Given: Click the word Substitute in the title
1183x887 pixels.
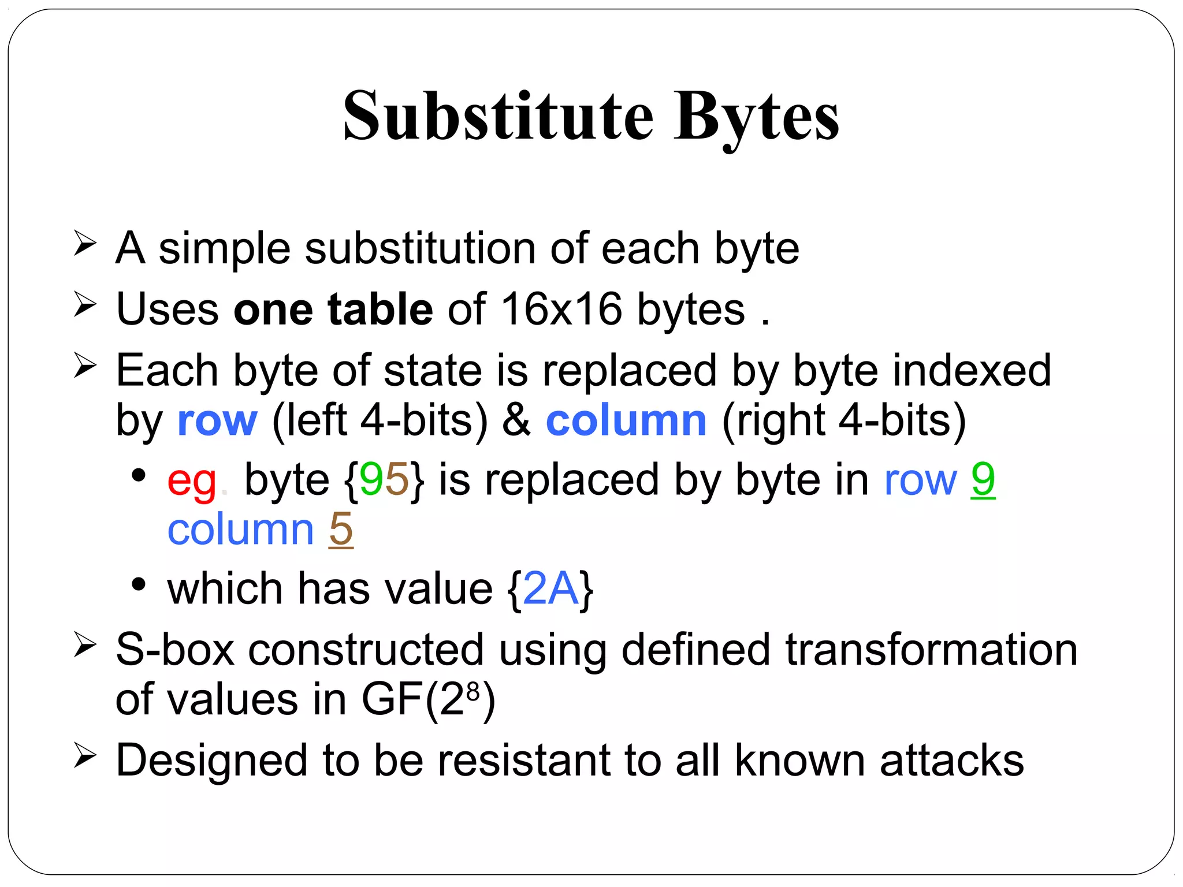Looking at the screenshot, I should coord(498,117).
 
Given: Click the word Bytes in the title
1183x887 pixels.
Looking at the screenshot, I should coord(757,117).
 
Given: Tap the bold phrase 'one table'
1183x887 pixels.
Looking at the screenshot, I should coord(333,310).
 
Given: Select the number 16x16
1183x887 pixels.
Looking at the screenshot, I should coord(561,310).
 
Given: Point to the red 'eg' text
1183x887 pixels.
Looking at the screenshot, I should coord(191,481).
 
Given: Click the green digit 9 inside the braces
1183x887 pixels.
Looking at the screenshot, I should coord(371,480).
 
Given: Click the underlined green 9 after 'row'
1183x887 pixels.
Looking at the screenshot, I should coord(983,480).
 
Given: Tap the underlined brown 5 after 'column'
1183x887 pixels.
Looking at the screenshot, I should coord(341,530).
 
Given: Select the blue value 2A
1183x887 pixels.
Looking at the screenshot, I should coord(550,590).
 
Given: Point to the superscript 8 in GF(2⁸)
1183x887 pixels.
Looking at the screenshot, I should coord(473,691).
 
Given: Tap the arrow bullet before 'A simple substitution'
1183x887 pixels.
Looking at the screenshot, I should coord(85,243).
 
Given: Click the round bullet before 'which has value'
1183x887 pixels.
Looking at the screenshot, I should coord(138,584).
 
